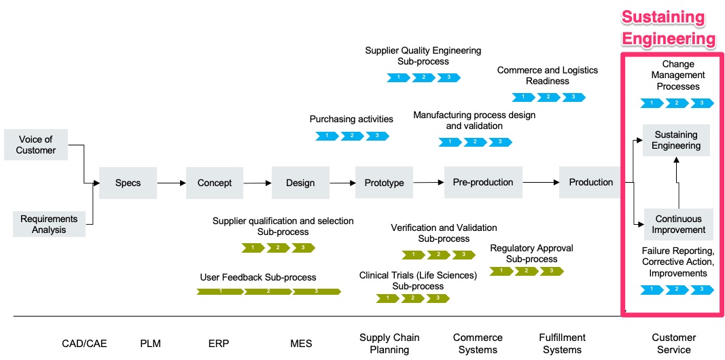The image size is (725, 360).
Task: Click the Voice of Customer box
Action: coord(36,145)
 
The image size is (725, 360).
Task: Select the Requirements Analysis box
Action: coord(49,224)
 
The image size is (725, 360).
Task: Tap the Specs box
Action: coord(128,183)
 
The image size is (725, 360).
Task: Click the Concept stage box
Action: coord(215,183)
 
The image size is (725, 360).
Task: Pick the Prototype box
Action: coord(384,183)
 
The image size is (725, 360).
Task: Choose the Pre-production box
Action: coord(483,182)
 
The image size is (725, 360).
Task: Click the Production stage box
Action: coord(590,182)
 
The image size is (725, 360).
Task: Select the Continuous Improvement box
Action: coord(679,224)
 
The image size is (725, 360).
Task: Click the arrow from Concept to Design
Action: coord(258,183)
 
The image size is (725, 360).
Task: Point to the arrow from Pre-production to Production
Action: coord(541,182)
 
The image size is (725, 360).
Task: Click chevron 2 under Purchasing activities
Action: coord(352,136)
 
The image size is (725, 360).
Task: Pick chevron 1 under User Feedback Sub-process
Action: coord(220,291)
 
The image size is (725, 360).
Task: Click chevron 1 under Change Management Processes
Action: coord(652,103)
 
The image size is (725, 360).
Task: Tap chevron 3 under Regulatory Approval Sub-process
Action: coord(551,271)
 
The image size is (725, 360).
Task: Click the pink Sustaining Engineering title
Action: coord(669,28)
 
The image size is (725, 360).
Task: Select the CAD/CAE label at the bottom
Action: coord(84,343)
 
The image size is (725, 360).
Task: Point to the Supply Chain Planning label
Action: coord(389,343)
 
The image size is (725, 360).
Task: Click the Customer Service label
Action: coord(673,343)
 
